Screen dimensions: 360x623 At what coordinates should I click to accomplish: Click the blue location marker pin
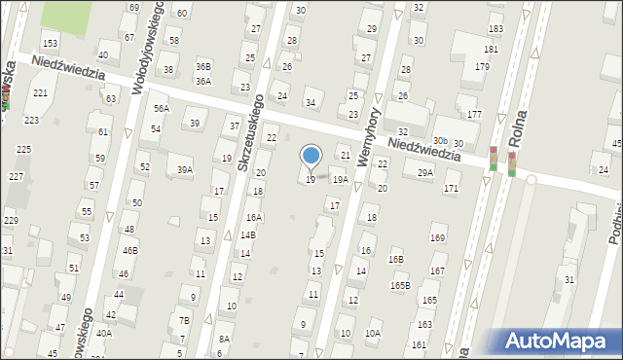(x=311, y=156)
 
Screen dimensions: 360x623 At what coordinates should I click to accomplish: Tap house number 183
(x=495, y=30)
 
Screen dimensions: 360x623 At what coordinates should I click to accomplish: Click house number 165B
(x=400, y=285)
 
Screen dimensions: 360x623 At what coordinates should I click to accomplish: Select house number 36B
(x=202, y=66)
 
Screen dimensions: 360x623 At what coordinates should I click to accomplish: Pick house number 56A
(x=161, y=109)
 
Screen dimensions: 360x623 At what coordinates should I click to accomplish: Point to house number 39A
(x=184, y=170)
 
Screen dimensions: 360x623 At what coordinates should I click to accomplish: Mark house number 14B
(x=248, y=234)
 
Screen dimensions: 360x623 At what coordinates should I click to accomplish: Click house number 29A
(x=424, y=173)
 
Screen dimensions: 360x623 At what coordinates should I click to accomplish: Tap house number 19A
(x=340, y=180)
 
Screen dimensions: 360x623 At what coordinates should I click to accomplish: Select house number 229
(x=11, y=221)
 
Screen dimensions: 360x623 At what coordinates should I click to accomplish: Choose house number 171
(x=451, y=188)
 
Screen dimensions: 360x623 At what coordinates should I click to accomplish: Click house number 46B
(x=129, y=250)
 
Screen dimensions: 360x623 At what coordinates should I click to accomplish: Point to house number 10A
(x=372, y=333)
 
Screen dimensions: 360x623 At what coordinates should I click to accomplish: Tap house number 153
(x=50, y=44)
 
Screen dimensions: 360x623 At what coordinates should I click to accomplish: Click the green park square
(x=69, y=15)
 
